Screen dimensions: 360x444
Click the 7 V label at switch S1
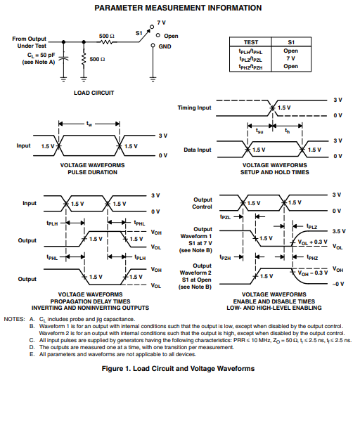point(161,22)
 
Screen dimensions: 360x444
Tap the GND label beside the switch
point(165,46)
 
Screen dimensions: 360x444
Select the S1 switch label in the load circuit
point(139,33)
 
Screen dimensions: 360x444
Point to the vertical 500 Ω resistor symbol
point(84,60)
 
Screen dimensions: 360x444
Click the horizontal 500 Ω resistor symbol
point(107,42)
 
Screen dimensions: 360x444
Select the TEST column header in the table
point(251,42)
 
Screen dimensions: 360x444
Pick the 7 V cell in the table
point(291,58)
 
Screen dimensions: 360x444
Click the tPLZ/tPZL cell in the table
point(250,59)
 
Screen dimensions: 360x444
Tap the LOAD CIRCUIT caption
point(94,93)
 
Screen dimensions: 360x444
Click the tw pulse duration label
point(89,124)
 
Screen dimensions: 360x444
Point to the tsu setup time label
point(259,131)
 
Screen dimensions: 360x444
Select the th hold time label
point(287,131)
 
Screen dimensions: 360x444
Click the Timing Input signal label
point(195,107)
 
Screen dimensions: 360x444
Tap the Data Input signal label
point(198,150)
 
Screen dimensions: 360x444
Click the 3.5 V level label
point(339,231)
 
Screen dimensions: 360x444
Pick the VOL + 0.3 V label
point(312,242)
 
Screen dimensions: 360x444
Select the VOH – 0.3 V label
point(313,273)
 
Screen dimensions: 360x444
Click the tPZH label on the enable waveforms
point(226,257)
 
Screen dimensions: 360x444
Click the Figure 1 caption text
point(178,369)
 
